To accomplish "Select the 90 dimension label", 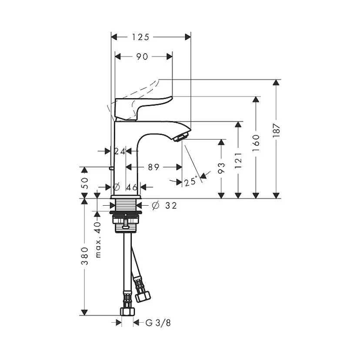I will tap(142, 57).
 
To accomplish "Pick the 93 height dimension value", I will tap(221, 169).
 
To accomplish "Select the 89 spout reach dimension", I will tap(153, 167).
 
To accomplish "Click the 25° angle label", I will tap(190, 182).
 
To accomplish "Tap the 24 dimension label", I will tap(120, 151).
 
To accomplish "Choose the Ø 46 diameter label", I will tap(126, 187).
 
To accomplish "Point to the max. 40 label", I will tap(98, 240).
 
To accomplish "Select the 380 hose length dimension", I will tap(85, 256).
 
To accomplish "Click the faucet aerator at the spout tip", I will tap(180, 138).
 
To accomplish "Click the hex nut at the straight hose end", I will tap(127, 311).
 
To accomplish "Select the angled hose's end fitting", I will tap(143, 296).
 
